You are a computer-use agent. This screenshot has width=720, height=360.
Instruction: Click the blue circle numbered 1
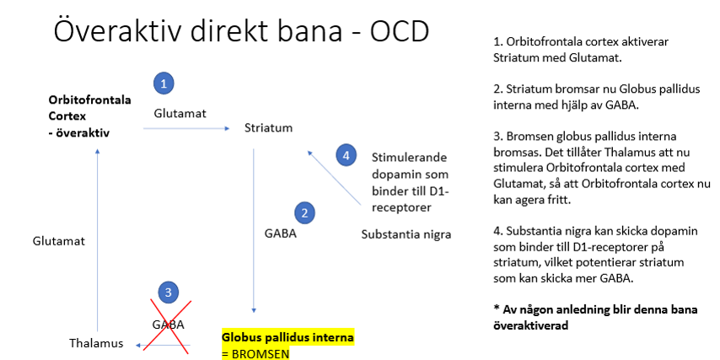pyautogui.click(x=164, y=83)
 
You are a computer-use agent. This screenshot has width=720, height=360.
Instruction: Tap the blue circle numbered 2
pyautogui.click(x=305, y=212)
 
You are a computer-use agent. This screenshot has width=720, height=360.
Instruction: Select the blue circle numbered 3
pyautogui.click(x=169, y=293)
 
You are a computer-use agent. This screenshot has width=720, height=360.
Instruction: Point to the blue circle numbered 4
pyautogui.click(x=344, y=155)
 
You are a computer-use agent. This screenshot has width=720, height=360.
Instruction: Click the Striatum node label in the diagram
pyautogui.click(x=268, y=128)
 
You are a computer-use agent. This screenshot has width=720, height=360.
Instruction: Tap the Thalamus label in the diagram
pyautogui.click(x=95, y=343)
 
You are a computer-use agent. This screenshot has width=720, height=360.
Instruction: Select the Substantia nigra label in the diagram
pyautogui.click(x=406, y=234)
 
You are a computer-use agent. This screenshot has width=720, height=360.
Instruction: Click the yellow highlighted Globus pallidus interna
pyautogui.click(x=287, y=337)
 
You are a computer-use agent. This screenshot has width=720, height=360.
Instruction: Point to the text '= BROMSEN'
pyautogui.click(x=255, y=352)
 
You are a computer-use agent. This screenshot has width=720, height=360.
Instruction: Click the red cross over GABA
pyautogui.click(x=169, y=323)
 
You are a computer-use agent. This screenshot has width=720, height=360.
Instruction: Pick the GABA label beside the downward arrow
pyautogui.click(x=281, y=234)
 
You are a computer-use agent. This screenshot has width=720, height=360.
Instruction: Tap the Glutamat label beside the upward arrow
pyautogui.click(x=59, y=240)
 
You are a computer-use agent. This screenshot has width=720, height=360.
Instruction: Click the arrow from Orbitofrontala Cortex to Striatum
pyautogui.click(x=186, y=129)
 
